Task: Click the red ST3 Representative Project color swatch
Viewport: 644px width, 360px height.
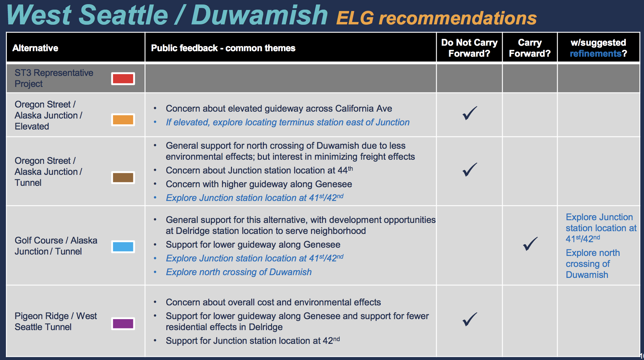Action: click(x=123, y=79)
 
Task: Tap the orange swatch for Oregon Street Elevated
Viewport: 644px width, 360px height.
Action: click(x=123, y=120)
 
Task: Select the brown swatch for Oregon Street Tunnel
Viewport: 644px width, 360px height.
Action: click(x=123, y=178)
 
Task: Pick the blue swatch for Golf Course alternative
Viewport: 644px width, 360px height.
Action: click(x=123, y=247)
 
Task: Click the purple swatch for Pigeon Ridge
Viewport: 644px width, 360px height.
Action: click(x=123, y=324)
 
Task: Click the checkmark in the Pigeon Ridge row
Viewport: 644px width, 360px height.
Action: click(x=470, y=319)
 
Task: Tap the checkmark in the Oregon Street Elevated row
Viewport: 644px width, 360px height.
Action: click(x=470, y=113)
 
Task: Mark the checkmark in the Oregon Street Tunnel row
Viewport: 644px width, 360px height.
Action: click(x=470, y=169)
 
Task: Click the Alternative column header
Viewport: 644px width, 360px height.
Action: click(x=35, y=48)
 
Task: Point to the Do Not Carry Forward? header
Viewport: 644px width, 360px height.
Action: click(x=469, y=48)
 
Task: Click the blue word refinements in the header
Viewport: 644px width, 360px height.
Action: click(x=596, y=54)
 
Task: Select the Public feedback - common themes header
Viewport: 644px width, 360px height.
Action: click(x=223, y=48)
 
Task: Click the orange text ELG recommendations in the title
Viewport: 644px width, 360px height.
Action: click(x=436, y=18)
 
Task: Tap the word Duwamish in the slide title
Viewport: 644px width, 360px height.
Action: click(x=259, y=15)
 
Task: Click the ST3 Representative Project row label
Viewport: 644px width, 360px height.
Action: click(x=54, y=78)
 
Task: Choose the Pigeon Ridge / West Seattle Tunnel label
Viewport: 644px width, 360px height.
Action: click(x=56, y=322)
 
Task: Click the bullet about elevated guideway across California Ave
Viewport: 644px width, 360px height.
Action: click(x=279, y=109)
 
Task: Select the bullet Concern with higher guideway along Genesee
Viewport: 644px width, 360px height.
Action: click(x=259, y=184)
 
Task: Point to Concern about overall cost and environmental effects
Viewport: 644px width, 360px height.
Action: click(x=273, y=302)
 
